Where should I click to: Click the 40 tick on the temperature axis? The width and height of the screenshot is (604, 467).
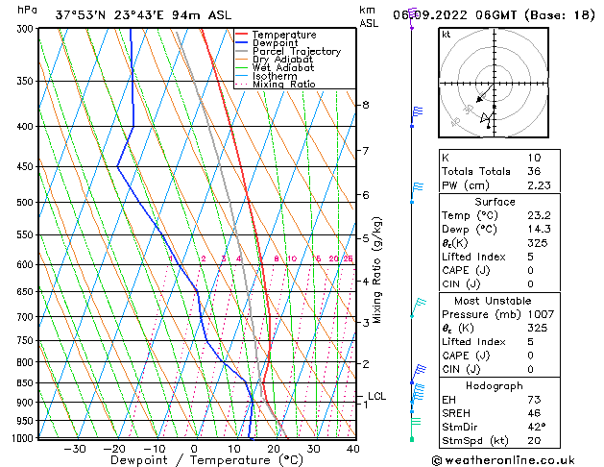353,449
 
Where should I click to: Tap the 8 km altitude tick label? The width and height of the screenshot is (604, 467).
365,105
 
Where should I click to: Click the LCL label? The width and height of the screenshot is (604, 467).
377,396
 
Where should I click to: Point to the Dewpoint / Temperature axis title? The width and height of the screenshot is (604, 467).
195,460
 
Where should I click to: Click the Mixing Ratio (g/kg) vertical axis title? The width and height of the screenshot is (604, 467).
378,270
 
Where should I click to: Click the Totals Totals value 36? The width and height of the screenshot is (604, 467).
507,172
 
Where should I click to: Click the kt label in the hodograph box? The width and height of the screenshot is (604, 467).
447,35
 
